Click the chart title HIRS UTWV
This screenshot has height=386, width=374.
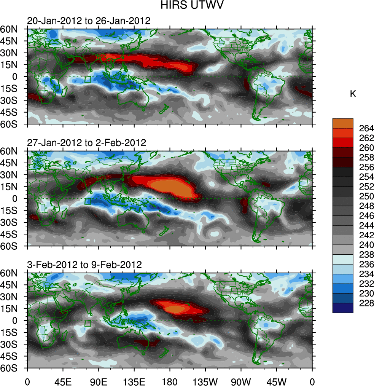187,6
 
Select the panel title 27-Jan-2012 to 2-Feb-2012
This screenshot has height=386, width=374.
86,143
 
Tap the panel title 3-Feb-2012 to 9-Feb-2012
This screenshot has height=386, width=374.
84,265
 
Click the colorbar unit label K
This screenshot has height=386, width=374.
353,94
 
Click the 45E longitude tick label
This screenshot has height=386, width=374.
63,381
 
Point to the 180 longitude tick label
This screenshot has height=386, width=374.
170,381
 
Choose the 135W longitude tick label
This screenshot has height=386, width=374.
205,381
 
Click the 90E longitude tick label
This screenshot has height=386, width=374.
99,381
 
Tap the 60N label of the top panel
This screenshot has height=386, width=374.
13,29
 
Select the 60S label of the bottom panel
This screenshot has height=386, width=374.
13,368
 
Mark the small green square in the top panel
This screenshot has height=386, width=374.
88,80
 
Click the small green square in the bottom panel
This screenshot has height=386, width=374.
88,324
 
